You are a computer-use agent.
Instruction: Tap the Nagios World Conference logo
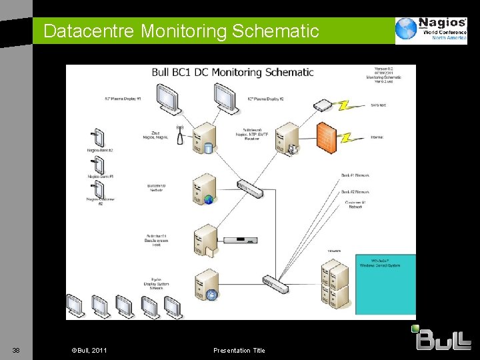coord(429,30)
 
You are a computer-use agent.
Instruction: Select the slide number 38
coord(16,351)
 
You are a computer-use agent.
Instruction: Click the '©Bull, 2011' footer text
coord(89,351)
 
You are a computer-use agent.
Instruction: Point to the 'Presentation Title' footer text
coord(239,351)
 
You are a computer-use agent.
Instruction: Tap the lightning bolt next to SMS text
coord(347,105)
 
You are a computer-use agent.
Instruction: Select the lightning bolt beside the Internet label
coord(347,138)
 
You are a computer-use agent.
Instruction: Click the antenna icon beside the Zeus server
coord(180,136)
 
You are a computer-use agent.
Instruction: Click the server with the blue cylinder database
coord(201,140)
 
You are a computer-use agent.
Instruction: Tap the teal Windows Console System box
coord(385,284)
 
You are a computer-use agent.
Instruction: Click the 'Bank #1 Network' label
coord(355,175)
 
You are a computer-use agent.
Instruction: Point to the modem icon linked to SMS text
coord(323,105)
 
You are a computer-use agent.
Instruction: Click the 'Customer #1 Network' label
coord(356,204)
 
